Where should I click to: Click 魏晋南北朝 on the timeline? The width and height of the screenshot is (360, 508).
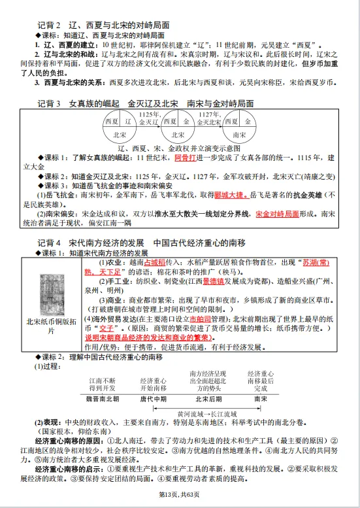(x=103, y=398)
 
